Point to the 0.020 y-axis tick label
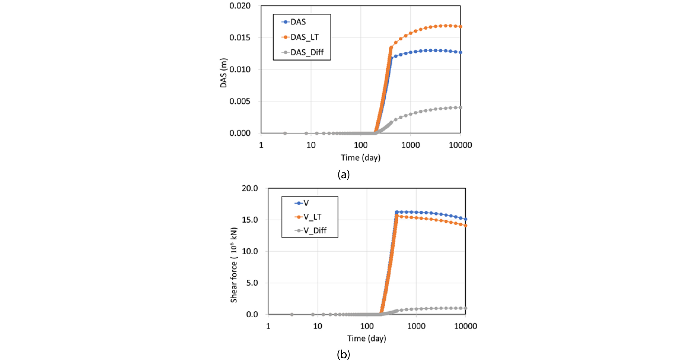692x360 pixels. click(240, 6)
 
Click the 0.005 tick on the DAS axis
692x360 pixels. click(240, 101)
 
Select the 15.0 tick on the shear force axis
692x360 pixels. click(250, 220)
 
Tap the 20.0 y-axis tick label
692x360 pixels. click(250, 188)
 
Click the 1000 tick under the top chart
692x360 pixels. click(410, 145)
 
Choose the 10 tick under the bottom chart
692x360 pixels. click(317, 326)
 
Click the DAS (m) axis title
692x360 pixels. click(224, 73)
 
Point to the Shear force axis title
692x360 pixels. click(234, 265)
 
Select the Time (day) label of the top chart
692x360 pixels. click(360, 158)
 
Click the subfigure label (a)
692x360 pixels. click(344, 174)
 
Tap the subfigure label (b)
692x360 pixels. click(344, 354)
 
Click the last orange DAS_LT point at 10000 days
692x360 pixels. click(460, 27)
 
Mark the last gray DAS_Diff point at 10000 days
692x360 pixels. click(460, 108)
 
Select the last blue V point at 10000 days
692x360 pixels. click(466, 219)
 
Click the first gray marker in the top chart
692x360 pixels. click(285, 133)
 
